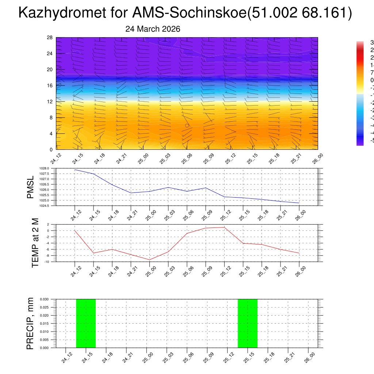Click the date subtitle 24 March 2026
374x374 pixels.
click(x=153, y=29)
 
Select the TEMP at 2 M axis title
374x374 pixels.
click(x=35, y=243)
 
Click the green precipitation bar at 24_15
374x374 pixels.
click(x=86, y=323)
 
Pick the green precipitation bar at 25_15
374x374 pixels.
click(x=248, y=323)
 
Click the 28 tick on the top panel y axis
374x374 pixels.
click(x=50, y=38)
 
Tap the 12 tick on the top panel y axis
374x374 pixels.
click(x=50, y=102)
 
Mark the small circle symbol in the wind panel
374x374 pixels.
click(x=187, y=125)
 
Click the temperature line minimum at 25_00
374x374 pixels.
click(x=149, y=260)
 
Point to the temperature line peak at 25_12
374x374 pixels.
click(x=224, y=227)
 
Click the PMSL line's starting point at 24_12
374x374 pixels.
click(x=75, y=170)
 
